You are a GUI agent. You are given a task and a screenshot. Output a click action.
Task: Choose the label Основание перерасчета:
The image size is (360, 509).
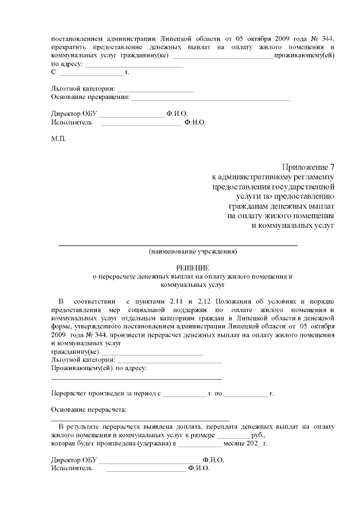click(89, 409)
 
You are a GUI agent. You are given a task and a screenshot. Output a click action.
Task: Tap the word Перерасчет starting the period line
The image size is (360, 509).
click(70, 393)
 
